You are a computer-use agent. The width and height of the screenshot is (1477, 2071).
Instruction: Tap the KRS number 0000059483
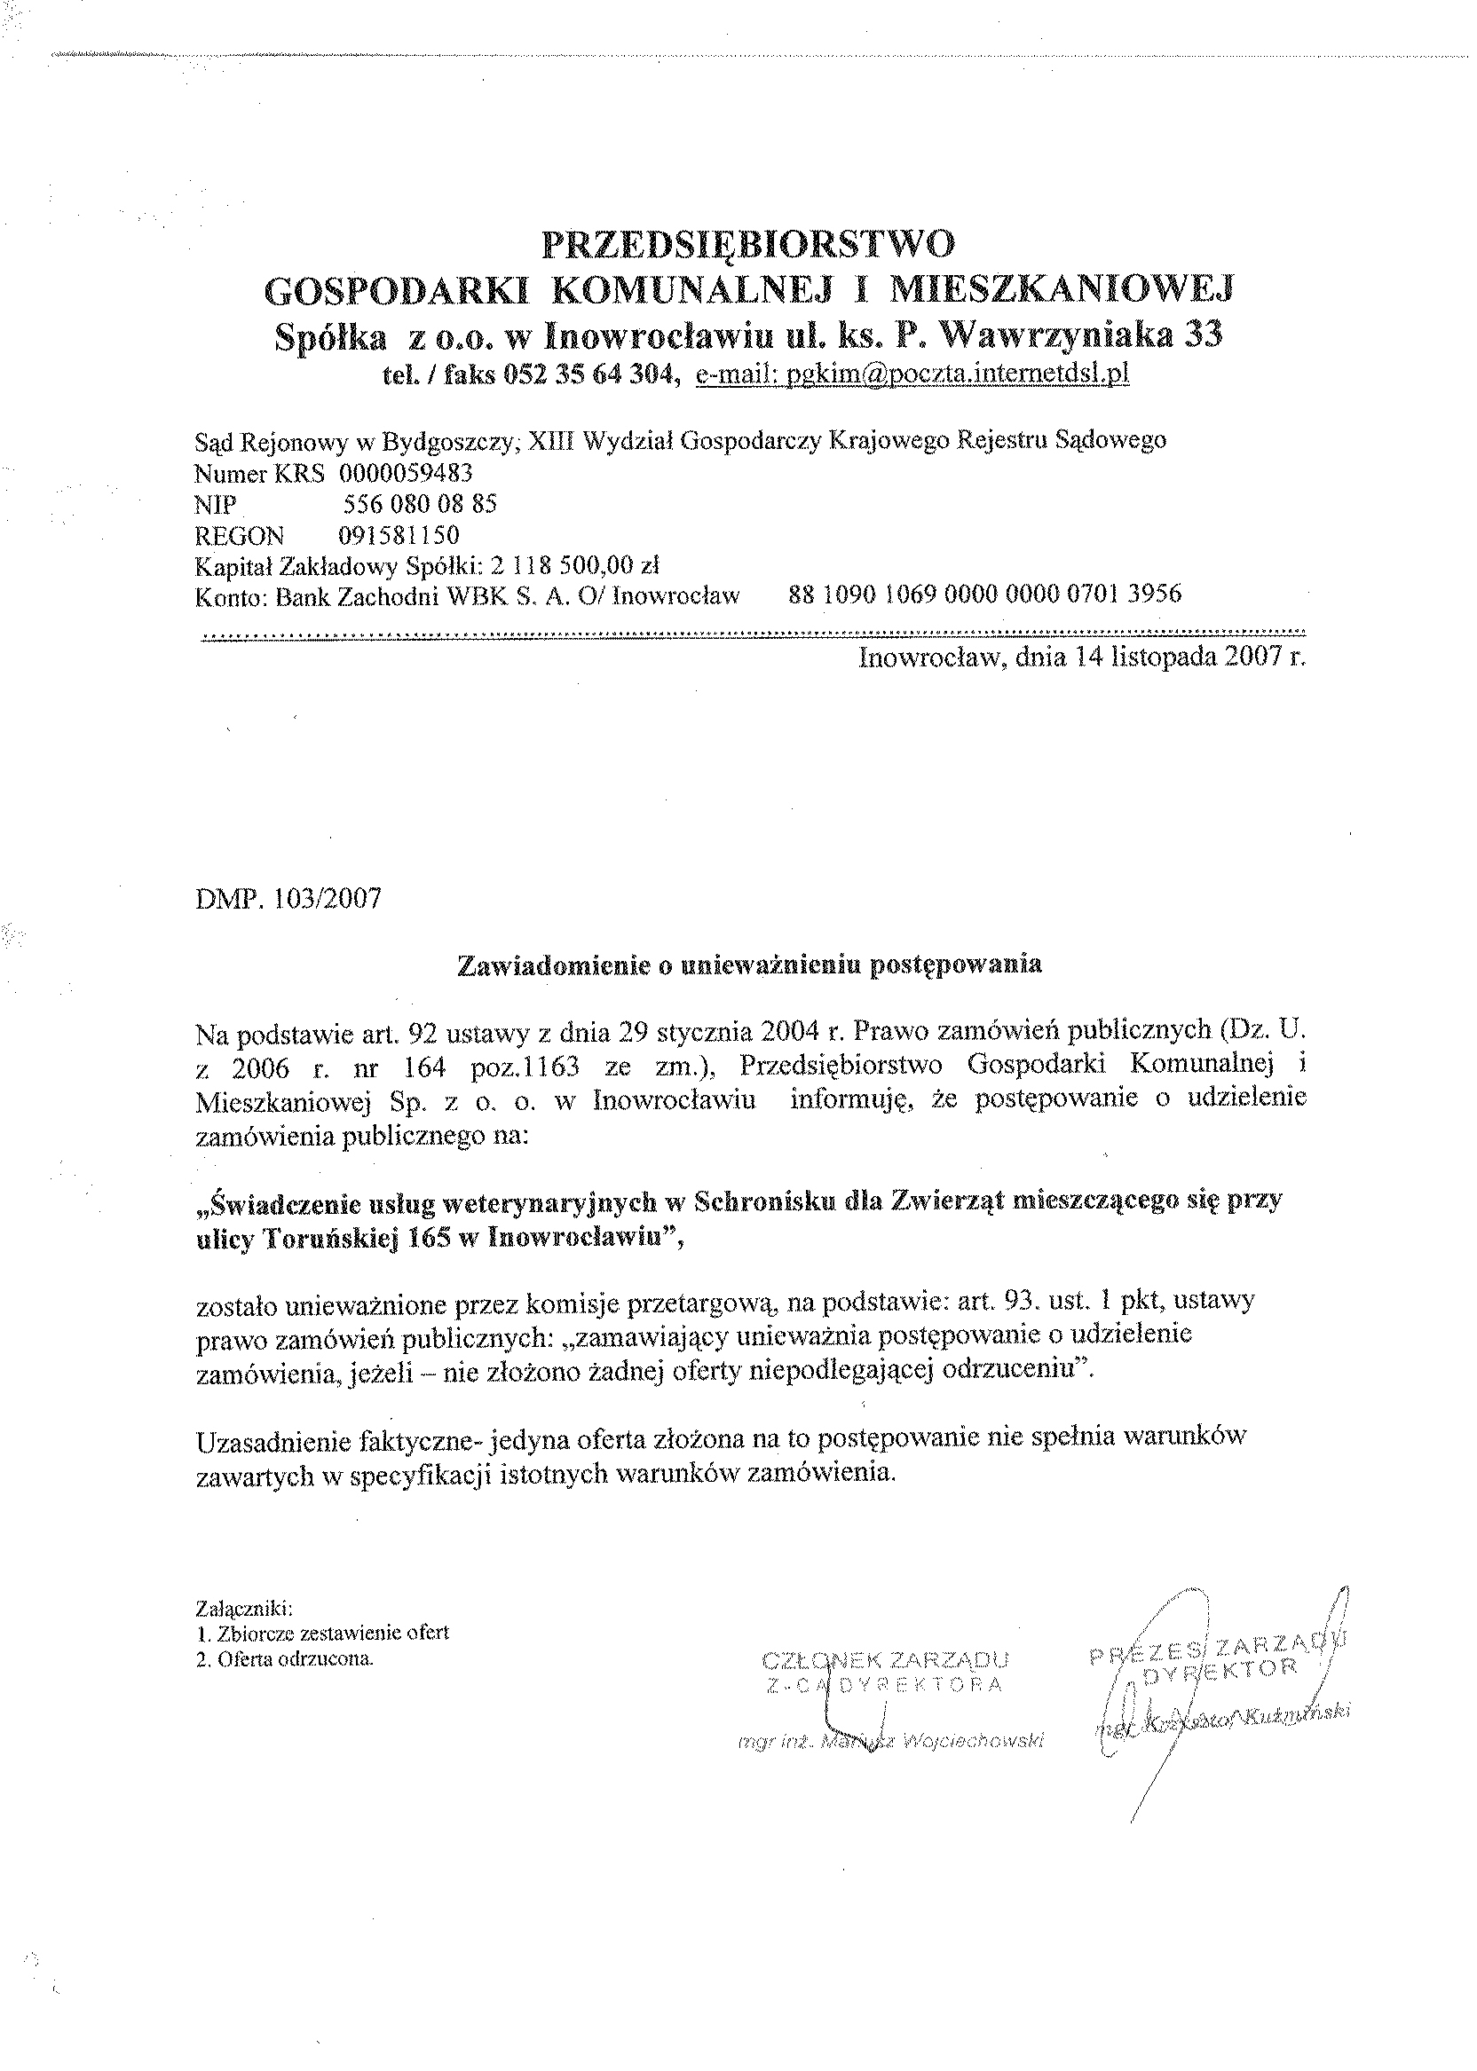click(x=406, y=473)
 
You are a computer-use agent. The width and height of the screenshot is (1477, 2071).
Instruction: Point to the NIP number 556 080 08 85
click(x=420, y=504)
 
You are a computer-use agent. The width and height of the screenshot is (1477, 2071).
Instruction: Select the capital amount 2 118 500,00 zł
click(x=574, y=565)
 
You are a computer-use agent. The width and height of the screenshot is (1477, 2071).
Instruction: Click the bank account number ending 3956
click(x=986, y=595)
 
